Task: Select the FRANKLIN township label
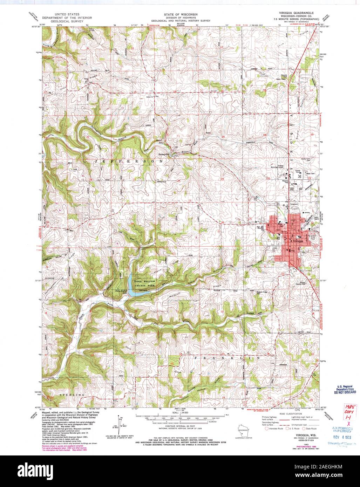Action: pyautogui.click(x=226, y=358)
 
